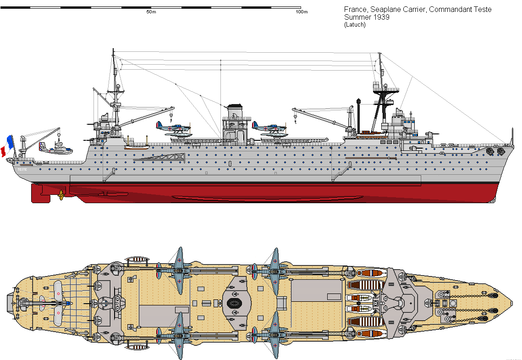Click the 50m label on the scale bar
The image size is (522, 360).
[x=151, y=12]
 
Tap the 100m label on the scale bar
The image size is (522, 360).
[x=301, y=12]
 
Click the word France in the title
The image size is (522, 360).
[x=354, y=10]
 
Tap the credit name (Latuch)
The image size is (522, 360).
[x=355, y=25]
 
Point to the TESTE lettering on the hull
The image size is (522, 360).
[x=22, y=169]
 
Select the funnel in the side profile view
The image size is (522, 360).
[x=234, y=111]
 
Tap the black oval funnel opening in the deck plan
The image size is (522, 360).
[x=234, y=303]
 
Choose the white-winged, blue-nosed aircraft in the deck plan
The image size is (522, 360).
[x=57, y=303]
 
